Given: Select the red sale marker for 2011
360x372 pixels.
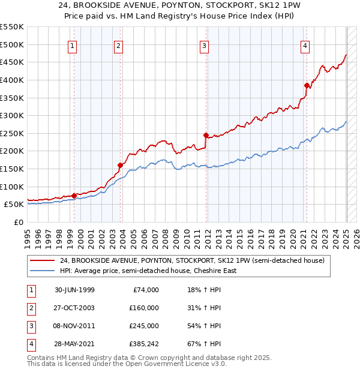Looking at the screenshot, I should click(x=206, y=135).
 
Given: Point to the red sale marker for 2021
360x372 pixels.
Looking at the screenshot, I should click(x=307, y=85).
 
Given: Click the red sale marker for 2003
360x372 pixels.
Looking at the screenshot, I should click(x=120, y=165).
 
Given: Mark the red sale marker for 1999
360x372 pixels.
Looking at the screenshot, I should click(x=74, y=196).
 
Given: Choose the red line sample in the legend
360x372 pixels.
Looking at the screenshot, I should click(x=42, y=260).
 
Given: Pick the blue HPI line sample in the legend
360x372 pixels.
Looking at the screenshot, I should click(x=42, y=271).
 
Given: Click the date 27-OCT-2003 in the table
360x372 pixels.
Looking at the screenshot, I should click(x=74, y=307).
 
